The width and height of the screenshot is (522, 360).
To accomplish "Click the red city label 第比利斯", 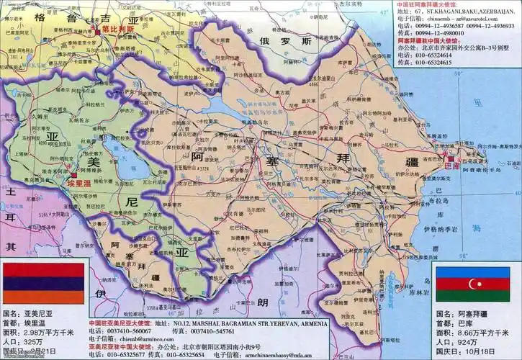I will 117,30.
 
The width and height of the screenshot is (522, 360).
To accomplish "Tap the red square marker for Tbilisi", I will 95,31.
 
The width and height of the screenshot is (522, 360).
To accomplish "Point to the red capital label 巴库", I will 452,166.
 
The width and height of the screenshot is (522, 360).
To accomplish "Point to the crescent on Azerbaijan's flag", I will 475,284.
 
